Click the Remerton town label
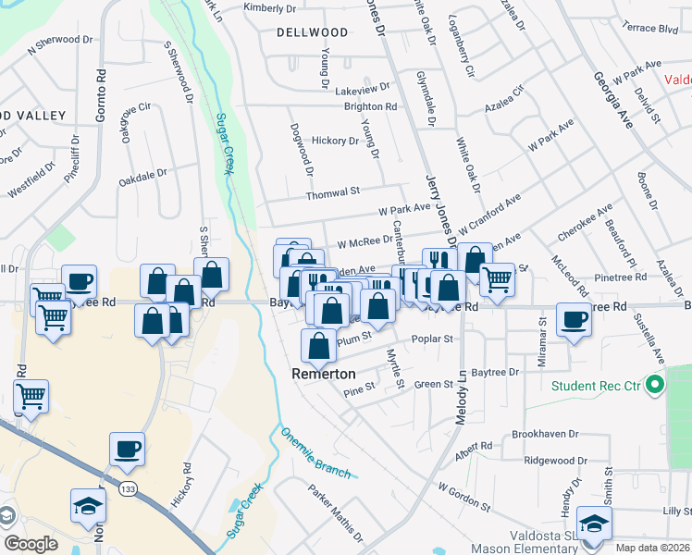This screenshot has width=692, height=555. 324,375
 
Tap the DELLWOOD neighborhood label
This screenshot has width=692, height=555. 312,32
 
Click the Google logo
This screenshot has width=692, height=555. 31,544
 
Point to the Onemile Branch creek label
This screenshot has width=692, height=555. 315,452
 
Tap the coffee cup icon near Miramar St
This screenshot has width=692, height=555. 574,319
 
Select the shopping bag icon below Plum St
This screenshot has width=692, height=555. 318,346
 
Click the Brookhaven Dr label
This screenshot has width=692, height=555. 544,434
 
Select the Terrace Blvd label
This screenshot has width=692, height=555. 651,30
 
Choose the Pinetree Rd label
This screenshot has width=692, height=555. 621,277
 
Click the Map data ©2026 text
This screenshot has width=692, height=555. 652,548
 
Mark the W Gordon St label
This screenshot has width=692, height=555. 464,498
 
